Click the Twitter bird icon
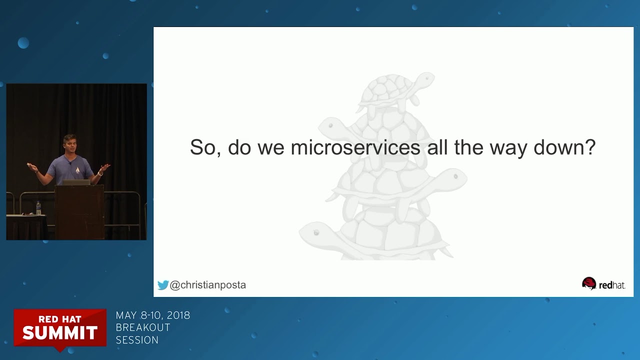(x=163, y=285)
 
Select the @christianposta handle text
(x=208, y=285)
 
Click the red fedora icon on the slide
(x=589, y=283)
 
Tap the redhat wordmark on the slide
(x=612, y=285)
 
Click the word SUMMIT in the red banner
(x=60, y=332)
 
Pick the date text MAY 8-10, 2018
(x=153, y=315)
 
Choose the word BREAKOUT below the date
(x=143, y=327)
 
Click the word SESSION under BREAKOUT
(x=137, y=340)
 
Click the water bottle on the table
(x=38, y=207)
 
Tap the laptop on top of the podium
(x=76, y=182)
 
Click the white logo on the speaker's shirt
(x=77, y=170)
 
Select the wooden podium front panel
(x=79, y=212)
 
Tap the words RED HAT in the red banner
(x=60, y=319)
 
